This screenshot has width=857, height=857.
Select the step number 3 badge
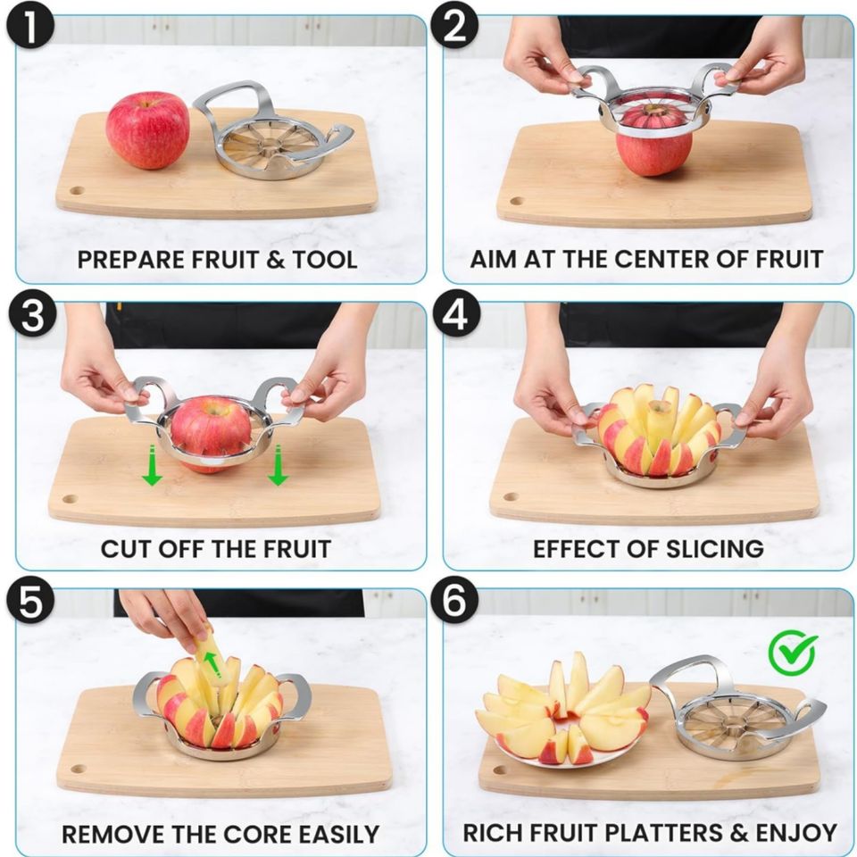point(32,316)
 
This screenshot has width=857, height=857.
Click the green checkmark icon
point(792,654)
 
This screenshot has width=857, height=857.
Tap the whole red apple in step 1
point(147,129)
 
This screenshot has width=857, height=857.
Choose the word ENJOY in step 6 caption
point(796,833)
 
